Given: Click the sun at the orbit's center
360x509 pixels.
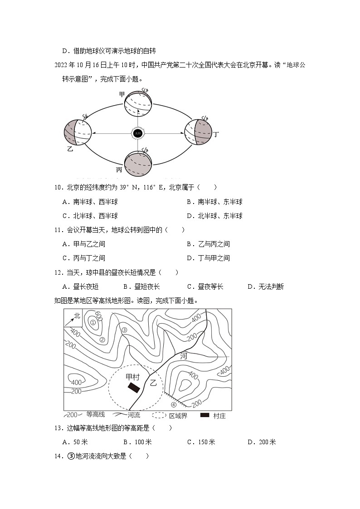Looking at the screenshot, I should pos(138,133).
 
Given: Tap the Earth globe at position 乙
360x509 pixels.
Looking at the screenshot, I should pos(78,133).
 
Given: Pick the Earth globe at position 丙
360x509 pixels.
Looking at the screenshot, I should pos(138,164).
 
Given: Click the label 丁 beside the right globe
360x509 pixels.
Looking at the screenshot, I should pos(217,134).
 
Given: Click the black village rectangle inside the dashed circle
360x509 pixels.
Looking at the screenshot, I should pos(134,388).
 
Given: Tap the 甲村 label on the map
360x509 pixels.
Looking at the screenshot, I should pos(132,377).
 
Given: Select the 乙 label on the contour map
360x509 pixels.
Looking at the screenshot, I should pos(153,383).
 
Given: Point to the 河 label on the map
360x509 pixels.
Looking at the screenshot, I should pos(183,356).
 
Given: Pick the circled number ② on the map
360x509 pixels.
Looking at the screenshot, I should pos(102,339).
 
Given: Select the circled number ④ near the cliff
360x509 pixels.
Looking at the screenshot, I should pos(173,404).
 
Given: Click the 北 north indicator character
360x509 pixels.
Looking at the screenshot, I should pos(77,315).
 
